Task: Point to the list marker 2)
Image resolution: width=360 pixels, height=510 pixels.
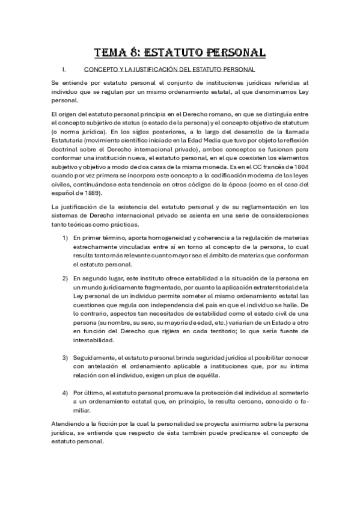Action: pos(66,279)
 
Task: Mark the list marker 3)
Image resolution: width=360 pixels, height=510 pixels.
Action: pos(66,358)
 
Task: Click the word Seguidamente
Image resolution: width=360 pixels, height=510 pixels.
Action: pos(95,358)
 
